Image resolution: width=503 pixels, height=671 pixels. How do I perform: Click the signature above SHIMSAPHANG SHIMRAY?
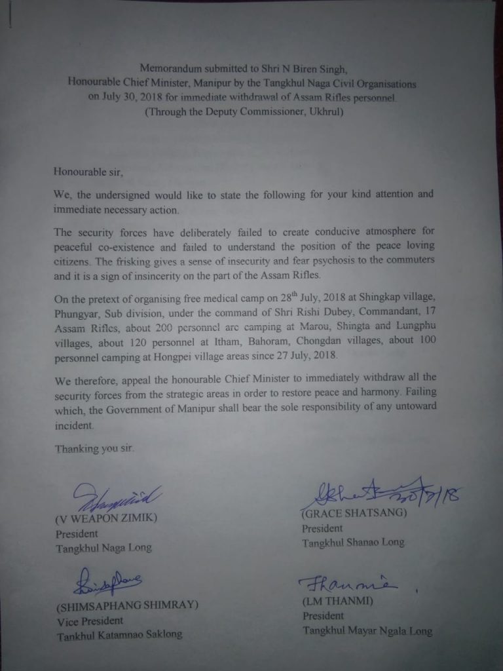point(107,581)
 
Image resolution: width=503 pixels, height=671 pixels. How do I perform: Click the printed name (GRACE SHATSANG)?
point(354,513)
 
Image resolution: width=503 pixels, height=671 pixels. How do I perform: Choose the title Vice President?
point(90,621)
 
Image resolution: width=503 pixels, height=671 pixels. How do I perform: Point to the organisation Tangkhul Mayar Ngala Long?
point(367,630)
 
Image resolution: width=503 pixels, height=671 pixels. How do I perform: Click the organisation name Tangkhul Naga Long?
point(103,548)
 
